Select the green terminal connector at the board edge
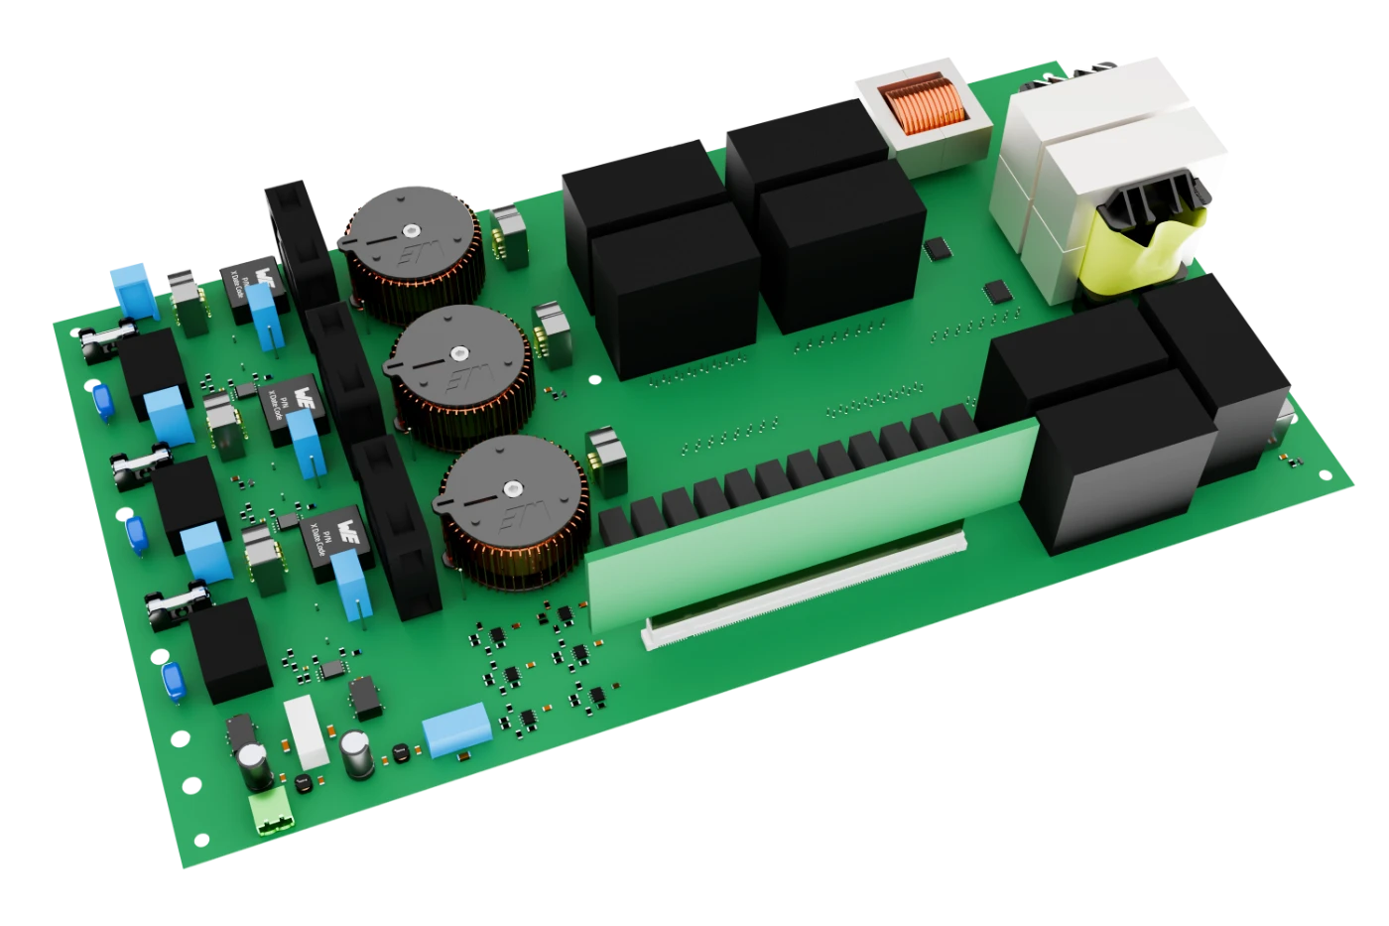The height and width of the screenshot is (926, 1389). (271, 811)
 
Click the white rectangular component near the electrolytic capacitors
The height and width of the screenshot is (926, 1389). (307, 731)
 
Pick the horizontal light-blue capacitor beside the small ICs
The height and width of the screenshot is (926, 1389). (456, 732)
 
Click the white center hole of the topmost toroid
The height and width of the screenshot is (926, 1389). (408, 229)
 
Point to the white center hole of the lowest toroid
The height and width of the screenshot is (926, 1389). (512, 487)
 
